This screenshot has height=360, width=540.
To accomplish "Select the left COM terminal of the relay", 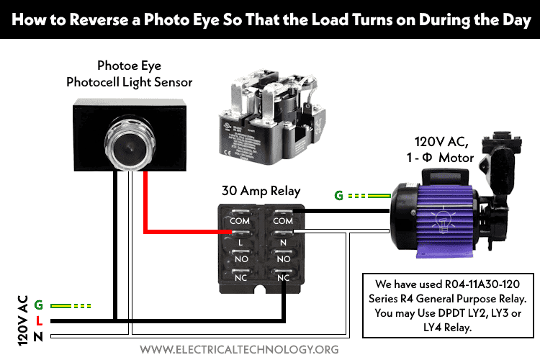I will tap(240, 220).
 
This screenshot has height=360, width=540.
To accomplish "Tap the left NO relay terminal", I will tap(240, 258).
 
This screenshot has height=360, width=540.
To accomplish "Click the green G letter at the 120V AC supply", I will tap(38, 305).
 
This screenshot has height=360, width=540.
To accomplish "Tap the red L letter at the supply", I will tap(38, 320).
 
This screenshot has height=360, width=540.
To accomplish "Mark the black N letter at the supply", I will tap(38, 336).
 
